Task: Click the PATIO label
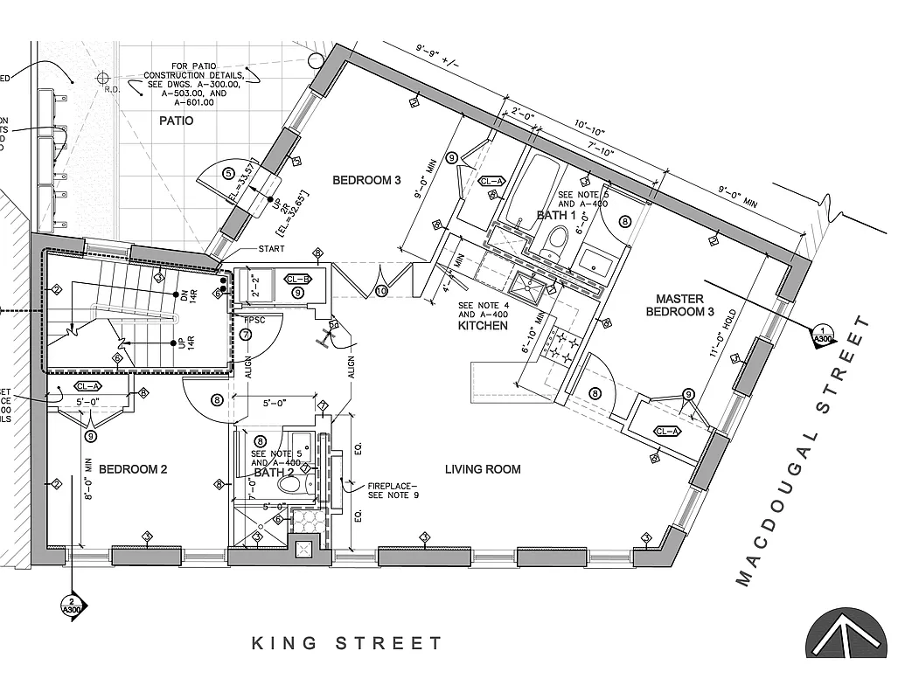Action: [x=176, y=121]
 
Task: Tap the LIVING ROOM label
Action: [x=483, y=469]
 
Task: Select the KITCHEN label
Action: [x=482, y=326]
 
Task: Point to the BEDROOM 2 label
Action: [x=132, y=469]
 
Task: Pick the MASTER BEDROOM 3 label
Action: [x=679, y=305]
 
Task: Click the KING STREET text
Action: [x=347, y=644]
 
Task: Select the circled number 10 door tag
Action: [x=382, y=292]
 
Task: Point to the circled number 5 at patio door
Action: [x=228, y=173]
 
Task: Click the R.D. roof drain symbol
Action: [x=104, y=77]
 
